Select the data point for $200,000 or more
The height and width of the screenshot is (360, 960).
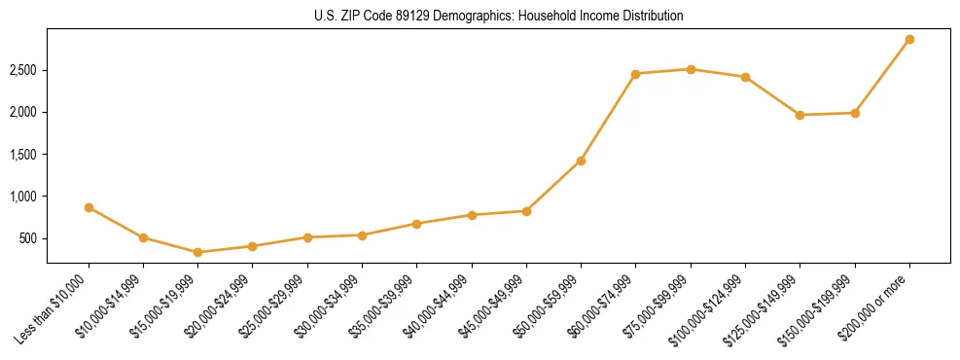pyautogui.click(x=909, y=40)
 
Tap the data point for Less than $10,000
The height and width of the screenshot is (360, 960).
pyautogui.click(x=89, y=207)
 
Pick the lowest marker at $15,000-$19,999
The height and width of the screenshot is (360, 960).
pyautogui.click(x=198, y=252)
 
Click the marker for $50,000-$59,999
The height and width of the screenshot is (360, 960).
pyautogui.click(x=581, y=161)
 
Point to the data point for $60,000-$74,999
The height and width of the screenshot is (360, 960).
pyautogui.click(x=635, y=74)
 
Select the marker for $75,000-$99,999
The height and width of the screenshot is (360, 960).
pyautogui.click(x=691, y=69)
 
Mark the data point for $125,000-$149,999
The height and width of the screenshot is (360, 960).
pyautogui.click(x=800, y=115)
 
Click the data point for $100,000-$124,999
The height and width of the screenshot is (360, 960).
pyautogui.click(x=745, y=77)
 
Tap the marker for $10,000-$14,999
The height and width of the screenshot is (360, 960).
pyautogui.click(x=143, y=237)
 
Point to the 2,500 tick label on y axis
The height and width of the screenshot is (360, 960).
pyautogui.click(x=24, y=71)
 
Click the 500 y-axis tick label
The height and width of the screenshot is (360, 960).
pyautogui.click(x=29, y=238)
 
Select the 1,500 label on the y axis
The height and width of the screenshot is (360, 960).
pyautogui.click(x=24, y=155)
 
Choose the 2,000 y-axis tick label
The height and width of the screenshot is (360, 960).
pyautogui.click(x=24, y=113)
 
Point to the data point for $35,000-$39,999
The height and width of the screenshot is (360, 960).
pyautogui.click(x=416, y=224)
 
